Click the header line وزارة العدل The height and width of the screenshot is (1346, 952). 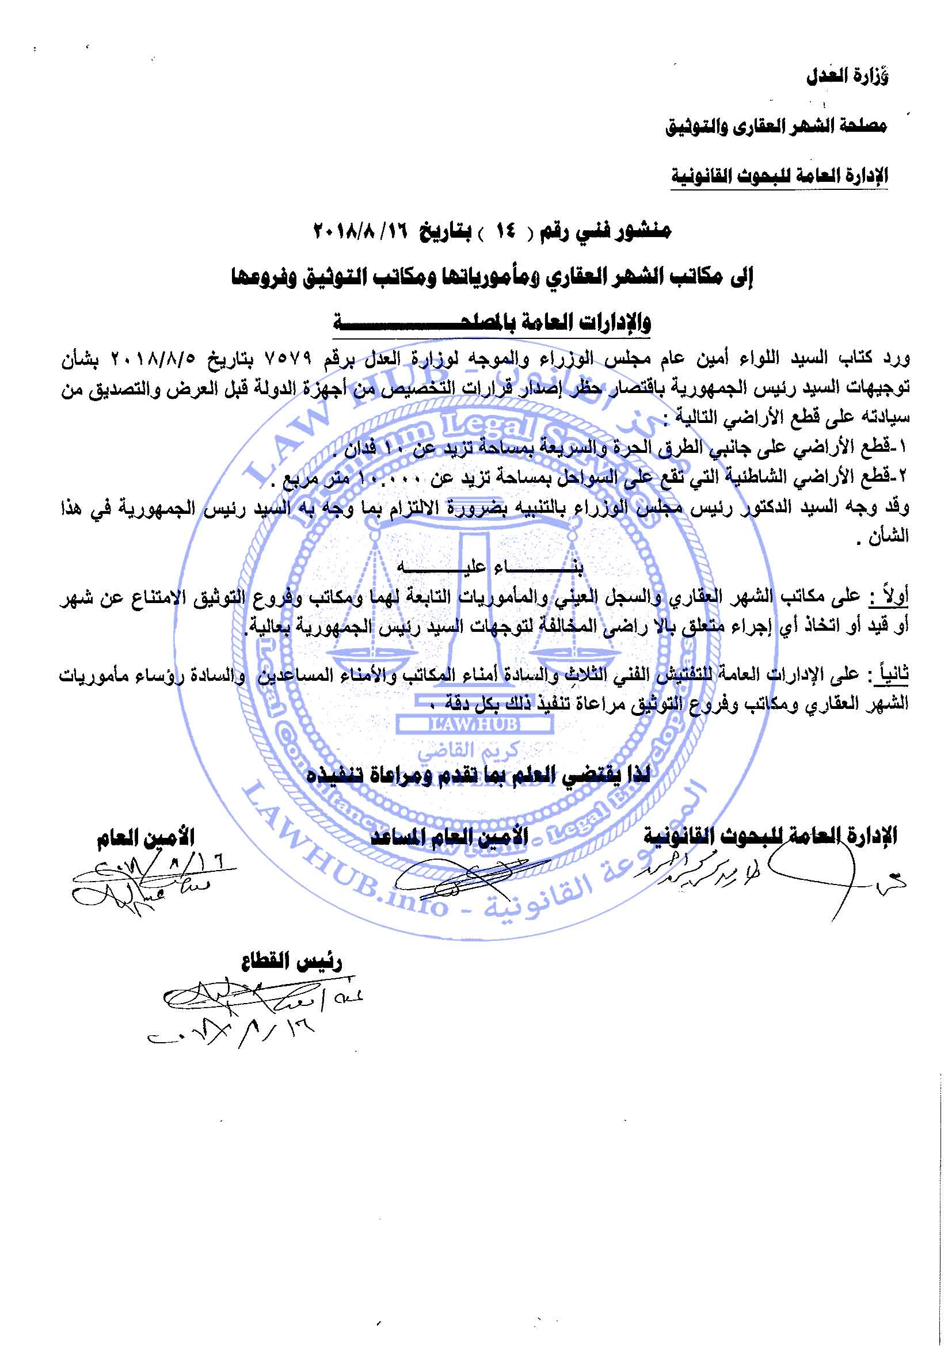[847, 77]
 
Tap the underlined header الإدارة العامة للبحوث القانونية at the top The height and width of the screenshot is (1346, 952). [779, 176]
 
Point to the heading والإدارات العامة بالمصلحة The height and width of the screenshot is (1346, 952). [493, 322]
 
